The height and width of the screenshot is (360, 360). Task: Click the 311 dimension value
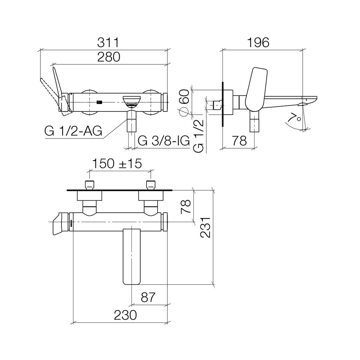click(108, 43)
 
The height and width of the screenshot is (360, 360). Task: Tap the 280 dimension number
click(109, 57)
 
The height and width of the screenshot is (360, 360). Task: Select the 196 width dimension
click(258, 43)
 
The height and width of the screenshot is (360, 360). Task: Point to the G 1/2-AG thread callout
click(73, 131)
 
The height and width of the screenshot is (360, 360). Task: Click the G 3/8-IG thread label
click(164, 141)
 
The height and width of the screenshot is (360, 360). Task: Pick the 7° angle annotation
click(295, 117)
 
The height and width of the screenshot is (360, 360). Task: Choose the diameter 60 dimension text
click(184, 103)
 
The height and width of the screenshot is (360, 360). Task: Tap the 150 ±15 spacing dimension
click(117, 164)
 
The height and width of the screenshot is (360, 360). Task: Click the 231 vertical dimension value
click(205, 227)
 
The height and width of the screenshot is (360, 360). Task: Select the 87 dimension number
click(148, 297)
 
